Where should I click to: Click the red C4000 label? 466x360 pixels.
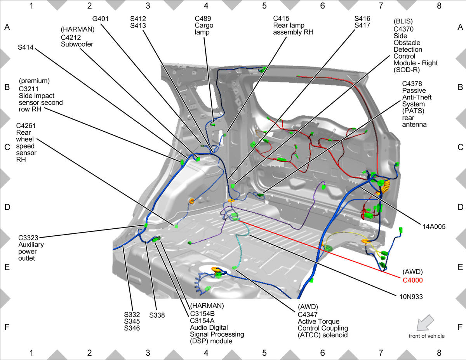pyautogui.click(x=412, y=280)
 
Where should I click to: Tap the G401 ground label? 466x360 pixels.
pyautogui.click(x=100, y=19)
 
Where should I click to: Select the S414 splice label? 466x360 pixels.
pyautogui.click(x=26, y=47)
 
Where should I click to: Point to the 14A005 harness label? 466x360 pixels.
pyautogui.click(x=434, y=226)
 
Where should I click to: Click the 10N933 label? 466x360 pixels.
pyautogui.click(x=411, y=297)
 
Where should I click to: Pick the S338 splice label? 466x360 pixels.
pyautogui.click(x=157, y=315)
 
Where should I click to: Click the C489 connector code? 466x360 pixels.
pyautogui.click(x=203, y=18)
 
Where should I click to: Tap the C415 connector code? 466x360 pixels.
pyautogui.click(x=281, y=18)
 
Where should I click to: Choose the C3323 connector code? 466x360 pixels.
pyautogui.click(x=28, y=238)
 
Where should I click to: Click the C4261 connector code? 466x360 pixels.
pyautogui.click(x=26, y=126)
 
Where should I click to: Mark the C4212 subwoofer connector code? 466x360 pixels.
pyautogui.click(x=71, y=37)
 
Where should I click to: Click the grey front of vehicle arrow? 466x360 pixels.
pyautogui.click(x=425, y=323)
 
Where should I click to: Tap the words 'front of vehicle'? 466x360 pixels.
pyautogui.click(x=426, y=336)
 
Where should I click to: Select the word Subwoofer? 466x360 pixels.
pyautogui.click(x=77, y=44)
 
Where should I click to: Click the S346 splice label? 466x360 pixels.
pyautogui.click(x=132, y=328)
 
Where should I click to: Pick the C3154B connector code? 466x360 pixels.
pyautogui.click(x=202, y=314)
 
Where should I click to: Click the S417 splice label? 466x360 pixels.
pyautogui.click(x=362, y=25)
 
